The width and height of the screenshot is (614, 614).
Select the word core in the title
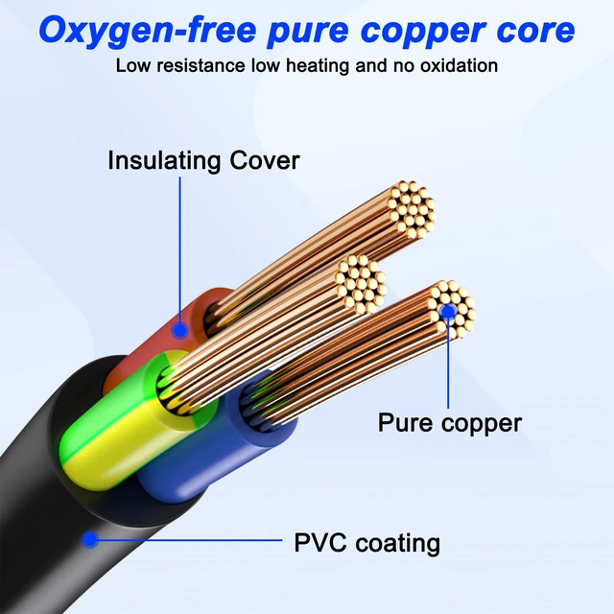coord(535,31)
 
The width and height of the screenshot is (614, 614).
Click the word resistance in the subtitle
coord(201,65)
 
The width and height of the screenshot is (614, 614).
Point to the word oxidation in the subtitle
coord(459,65)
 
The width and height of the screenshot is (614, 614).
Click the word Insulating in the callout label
coord(164,160)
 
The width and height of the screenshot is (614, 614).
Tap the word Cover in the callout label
coord(265,160)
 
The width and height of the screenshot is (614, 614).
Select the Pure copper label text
coord(450,424)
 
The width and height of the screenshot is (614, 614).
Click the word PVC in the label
coord(320,543)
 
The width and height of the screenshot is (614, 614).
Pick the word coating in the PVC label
coord(398,544)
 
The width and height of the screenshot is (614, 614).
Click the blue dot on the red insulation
coord(179,331)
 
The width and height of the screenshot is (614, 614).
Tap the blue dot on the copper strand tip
coord(448,311)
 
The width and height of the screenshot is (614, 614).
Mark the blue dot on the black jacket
coord(90,539)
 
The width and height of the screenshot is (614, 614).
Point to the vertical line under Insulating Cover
coord(180,250)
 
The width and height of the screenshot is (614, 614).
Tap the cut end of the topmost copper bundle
coord(412,210)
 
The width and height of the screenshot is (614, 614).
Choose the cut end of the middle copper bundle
coord(361,284)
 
